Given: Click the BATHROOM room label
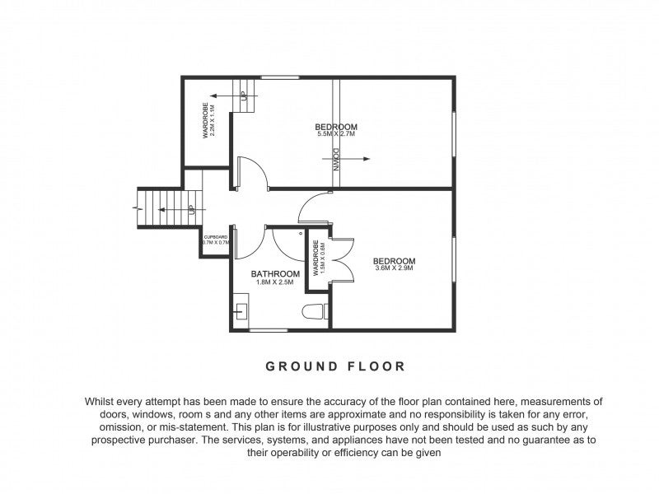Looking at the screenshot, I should tap(275, 274).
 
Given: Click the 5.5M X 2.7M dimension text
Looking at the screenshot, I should tap(336, 134).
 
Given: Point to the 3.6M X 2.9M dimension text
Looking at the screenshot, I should tap(394, 268).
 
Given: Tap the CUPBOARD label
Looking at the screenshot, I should tap(215, 237).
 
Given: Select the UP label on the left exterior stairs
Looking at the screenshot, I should tap(191, 209).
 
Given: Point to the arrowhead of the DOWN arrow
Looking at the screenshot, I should tap(367, 159).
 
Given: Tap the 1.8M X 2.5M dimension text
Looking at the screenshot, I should tap(275, 282).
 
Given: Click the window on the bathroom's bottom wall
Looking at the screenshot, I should tap(268, 330).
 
